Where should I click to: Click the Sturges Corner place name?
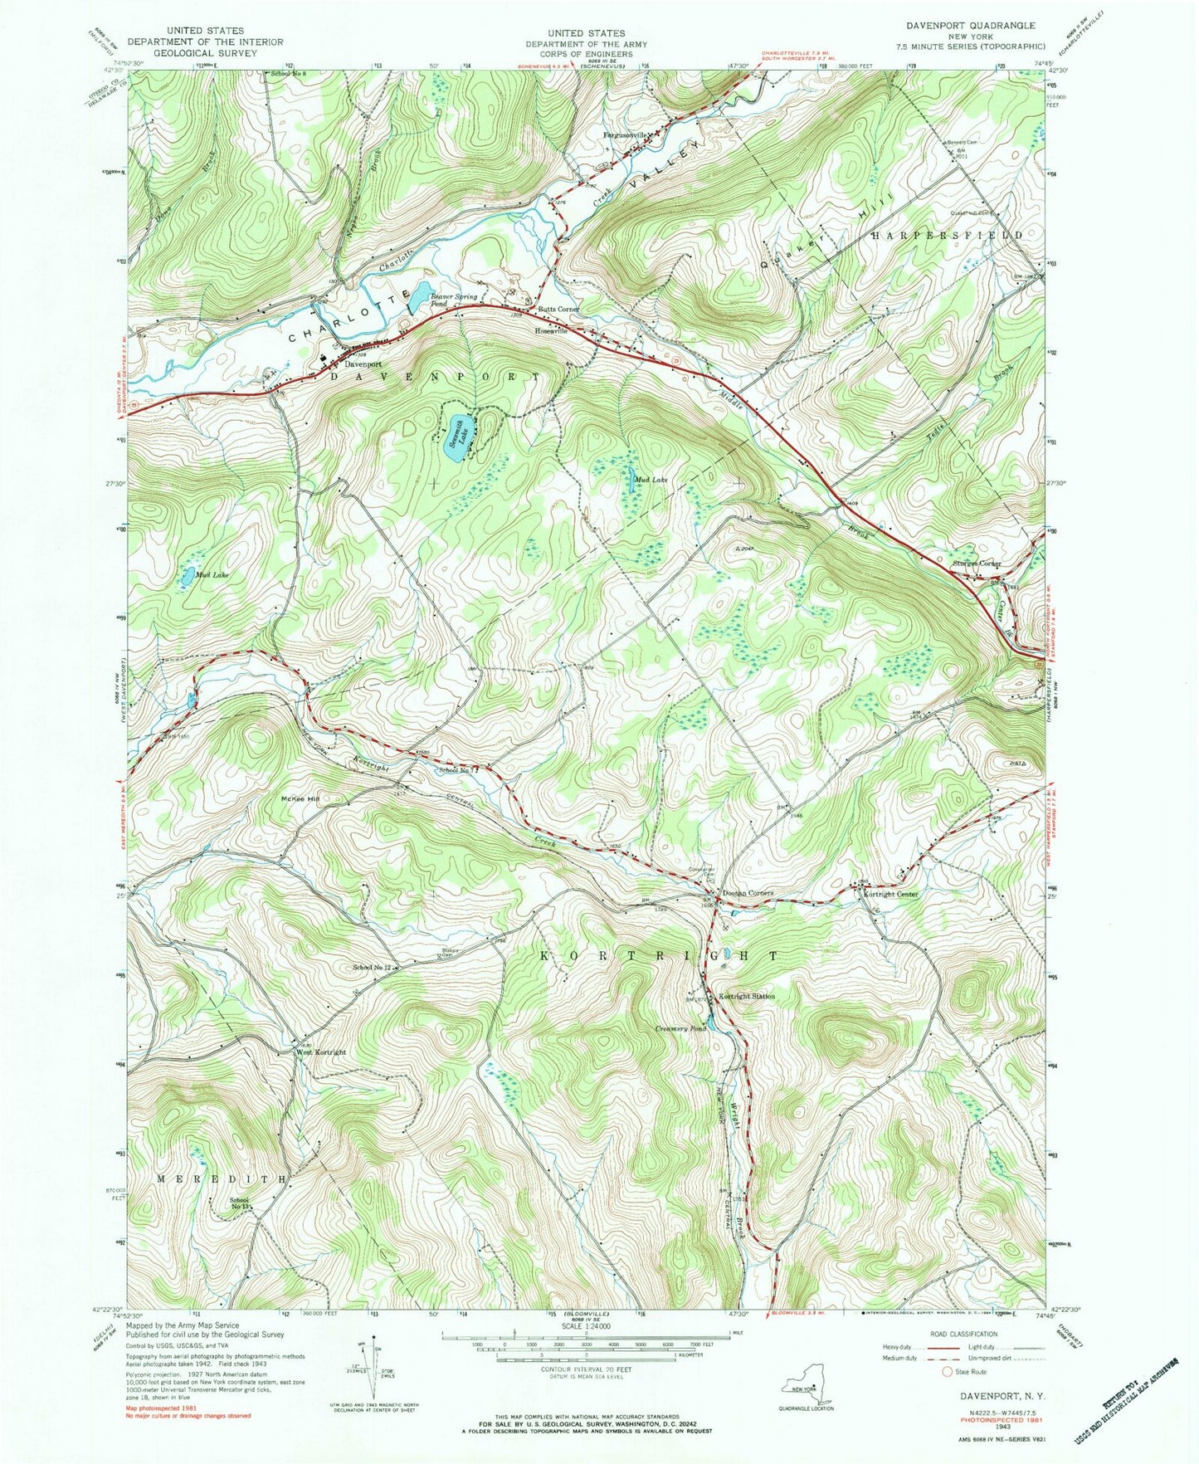(977, 564)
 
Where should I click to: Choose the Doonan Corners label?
(747, 893)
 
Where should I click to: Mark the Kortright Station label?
(747, 996)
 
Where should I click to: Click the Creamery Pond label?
(680, 1029)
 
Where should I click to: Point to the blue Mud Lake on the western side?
(189, 574)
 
